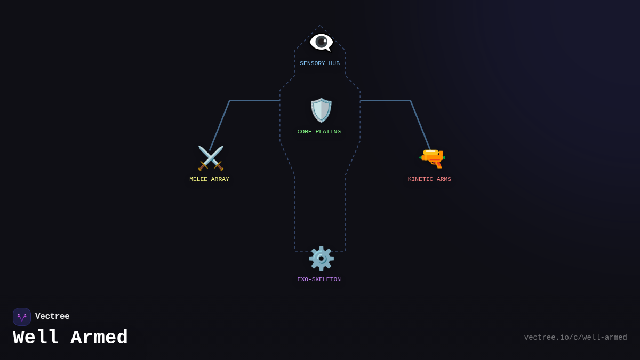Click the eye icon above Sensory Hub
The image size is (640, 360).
321,43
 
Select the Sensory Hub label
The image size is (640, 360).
319,63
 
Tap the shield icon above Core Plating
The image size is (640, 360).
321,110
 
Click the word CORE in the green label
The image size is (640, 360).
305,132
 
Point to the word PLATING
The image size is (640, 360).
328,132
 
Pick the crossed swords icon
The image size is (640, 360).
211,158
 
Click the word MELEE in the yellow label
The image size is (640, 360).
198,179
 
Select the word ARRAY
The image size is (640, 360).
220,179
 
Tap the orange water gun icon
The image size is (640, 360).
432,158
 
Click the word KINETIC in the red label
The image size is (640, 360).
421,179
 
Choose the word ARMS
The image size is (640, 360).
444,179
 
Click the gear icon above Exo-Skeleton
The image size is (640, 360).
321,258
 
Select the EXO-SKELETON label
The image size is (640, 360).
319,279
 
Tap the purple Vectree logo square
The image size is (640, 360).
22,317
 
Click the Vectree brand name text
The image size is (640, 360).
52,316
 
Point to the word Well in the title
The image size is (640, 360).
36,338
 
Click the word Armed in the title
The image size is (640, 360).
99,338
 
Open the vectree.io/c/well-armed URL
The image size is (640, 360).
575,338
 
